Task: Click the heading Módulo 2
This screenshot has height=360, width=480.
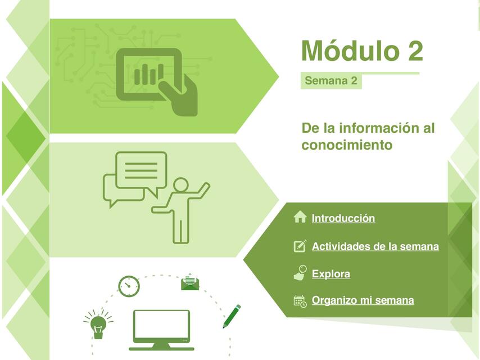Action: point(362,51)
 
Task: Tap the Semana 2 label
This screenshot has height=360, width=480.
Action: point(330,81)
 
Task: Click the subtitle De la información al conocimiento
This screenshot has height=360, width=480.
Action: point(368,136)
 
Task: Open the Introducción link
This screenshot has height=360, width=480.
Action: point(343,218)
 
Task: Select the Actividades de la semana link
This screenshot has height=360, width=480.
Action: point(375,246)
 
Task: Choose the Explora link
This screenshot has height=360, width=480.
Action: point(330,274)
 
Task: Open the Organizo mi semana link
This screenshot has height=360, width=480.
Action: point(363,300)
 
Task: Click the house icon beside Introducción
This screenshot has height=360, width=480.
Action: point(300,217)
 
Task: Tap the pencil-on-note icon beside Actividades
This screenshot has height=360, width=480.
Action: point(300,246)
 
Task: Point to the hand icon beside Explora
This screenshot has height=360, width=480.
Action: point(300,273)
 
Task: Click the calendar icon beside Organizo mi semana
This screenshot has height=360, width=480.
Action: point(300,301)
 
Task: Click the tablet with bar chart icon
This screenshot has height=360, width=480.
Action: point(148,74)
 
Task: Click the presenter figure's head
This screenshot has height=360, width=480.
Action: point(180,185)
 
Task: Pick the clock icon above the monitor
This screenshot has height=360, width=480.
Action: point(129,286)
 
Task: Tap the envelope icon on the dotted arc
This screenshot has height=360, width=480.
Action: point(190,282)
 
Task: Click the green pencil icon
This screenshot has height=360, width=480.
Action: point(232,316)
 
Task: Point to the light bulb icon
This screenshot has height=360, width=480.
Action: point(99,325)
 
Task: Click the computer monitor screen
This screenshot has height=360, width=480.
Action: point(161,326)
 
